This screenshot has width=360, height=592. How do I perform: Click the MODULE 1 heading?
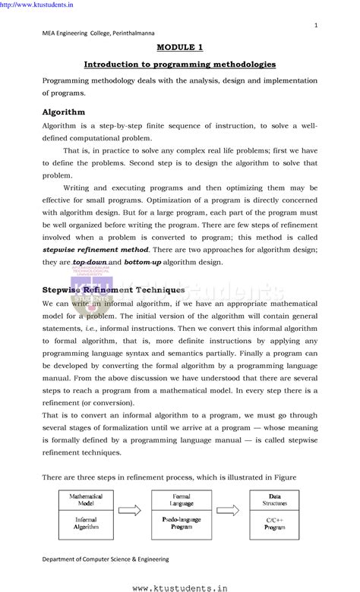point(179,47)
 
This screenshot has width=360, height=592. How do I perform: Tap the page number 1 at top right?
point(314,26)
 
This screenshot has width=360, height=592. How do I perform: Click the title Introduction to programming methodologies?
point(179,64)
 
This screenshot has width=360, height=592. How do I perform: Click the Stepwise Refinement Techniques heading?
point(113,289)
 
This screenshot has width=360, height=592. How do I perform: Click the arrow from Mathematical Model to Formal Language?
point(130,511)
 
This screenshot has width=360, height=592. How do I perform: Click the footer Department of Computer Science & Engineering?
point(106,559)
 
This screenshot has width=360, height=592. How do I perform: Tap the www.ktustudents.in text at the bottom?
point(179,586)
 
